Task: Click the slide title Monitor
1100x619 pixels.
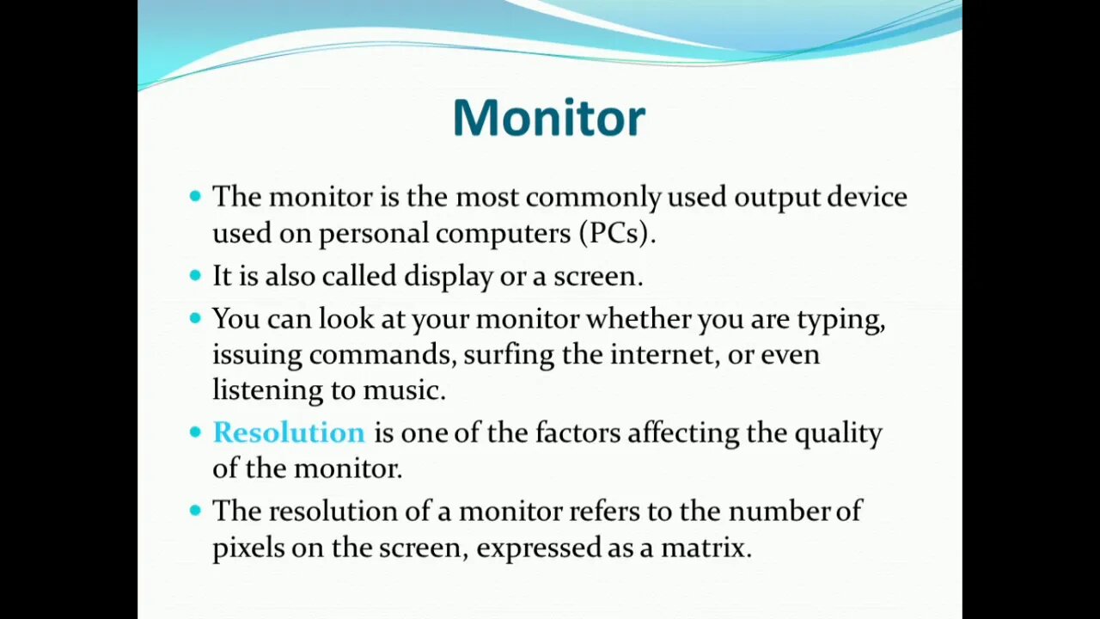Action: [548, 118]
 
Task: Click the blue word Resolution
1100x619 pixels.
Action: [289, 432]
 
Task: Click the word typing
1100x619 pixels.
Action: [840, 320]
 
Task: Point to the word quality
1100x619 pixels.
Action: [837, 433]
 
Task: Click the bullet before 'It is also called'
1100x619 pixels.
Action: [195, 275]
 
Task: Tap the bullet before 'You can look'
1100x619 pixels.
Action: [195, 318]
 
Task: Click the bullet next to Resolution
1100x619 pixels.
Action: [195, 432]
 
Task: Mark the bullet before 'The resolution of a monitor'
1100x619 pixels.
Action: [195, 511]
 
